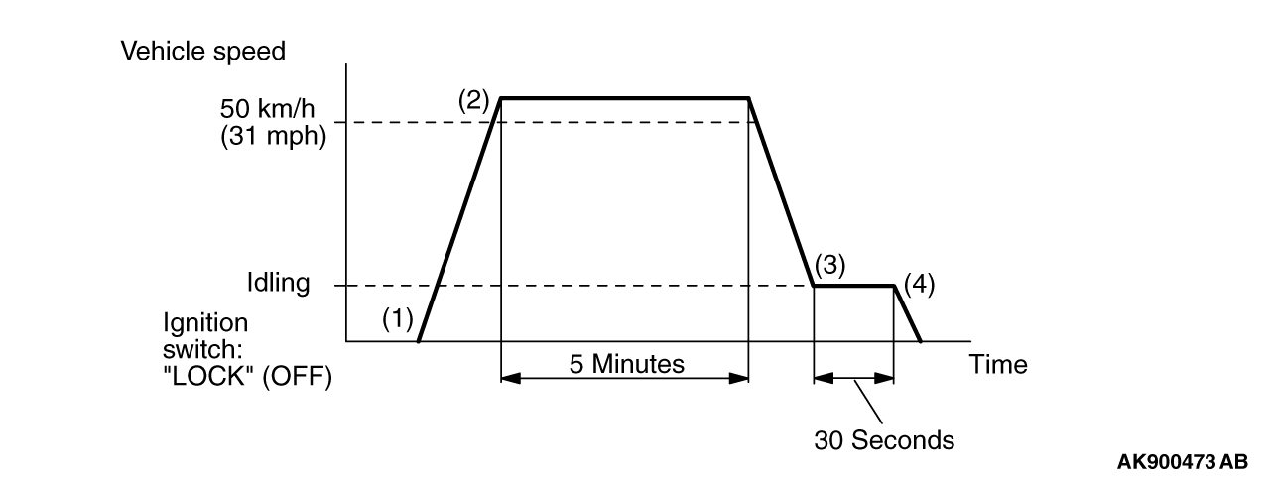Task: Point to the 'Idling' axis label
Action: (x=279, y=285)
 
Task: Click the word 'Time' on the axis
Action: (x=999, y=364)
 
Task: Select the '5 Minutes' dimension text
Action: (x=625, y=364)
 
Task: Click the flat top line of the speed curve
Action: (x=625, y=97)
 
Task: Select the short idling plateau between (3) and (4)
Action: (x=854, y=286)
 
